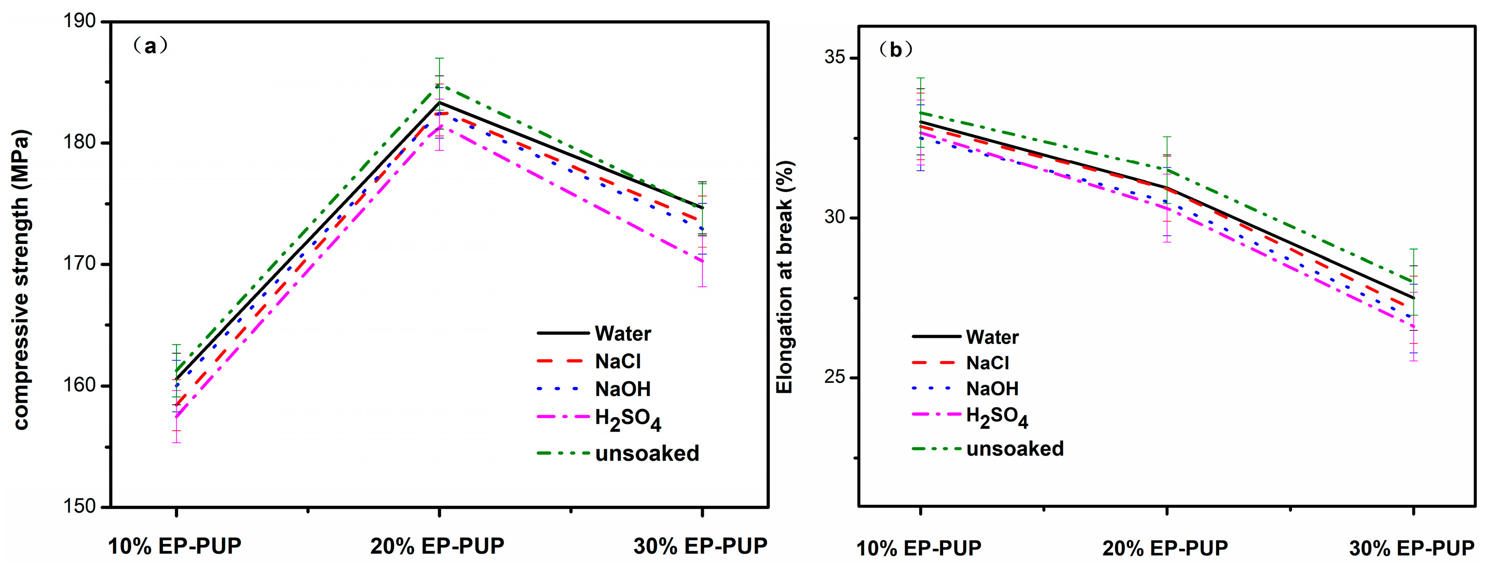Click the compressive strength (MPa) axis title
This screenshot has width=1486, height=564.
pos(21,280)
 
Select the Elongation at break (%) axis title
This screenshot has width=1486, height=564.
pos(785,277)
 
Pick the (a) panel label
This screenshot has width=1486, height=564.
pos(151,46)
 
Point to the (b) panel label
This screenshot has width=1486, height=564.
pos(896,50)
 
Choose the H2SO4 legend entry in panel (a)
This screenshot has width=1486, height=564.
pos(628,419)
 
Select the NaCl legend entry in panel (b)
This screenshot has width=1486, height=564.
pos(988,363)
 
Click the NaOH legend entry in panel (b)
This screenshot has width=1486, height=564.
pos(992,389)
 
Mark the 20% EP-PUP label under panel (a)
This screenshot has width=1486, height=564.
pos(437,545)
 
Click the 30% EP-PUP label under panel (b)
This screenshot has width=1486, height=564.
pos(1412,548)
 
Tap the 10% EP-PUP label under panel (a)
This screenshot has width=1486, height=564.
pos(175,545)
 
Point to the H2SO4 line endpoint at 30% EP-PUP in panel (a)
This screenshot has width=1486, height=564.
pos(702,261)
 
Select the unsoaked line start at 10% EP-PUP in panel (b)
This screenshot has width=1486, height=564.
pos(921,113)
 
